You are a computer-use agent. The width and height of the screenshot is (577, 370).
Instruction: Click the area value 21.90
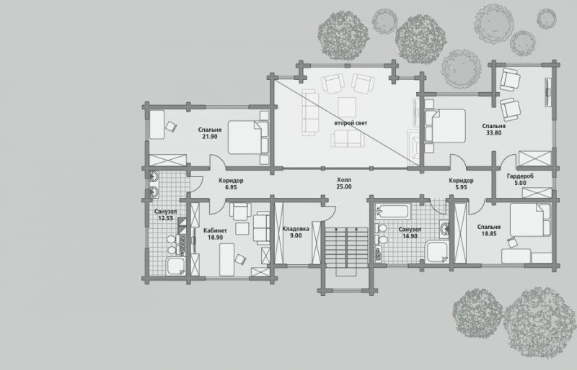(210, 137)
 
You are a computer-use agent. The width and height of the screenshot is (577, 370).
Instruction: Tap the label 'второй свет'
(351, 123)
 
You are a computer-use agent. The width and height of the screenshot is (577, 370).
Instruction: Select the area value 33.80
(494, 133)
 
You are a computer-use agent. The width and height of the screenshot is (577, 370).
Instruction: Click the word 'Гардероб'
(520, 176)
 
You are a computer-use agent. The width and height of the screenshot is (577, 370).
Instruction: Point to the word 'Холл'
(344, 180)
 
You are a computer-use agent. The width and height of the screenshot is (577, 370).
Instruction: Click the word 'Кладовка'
(296, 229)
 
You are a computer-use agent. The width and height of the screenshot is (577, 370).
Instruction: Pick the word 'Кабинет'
(215, 231)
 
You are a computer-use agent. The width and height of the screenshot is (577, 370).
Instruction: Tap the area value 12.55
(166, 218)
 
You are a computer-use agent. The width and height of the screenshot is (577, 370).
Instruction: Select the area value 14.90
(410, 236)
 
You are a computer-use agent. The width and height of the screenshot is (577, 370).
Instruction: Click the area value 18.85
(489, 233)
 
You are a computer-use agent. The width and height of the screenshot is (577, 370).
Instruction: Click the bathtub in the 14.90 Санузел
(392, 212)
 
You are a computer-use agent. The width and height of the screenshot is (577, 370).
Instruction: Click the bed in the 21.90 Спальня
(248, 137)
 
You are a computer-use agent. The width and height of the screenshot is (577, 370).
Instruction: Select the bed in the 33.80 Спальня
(445, 126)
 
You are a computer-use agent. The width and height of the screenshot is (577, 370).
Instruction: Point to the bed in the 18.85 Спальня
(531, 220)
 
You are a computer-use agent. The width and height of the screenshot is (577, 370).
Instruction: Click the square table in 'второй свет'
(347, 107)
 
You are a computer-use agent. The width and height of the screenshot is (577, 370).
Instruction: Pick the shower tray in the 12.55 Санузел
(176, 266)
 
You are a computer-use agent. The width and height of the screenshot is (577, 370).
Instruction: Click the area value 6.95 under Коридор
(231, 187)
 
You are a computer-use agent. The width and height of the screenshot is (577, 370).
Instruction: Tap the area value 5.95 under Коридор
(461, 187)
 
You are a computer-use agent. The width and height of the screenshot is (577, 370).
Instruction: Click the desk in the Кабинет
(226, 259)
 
